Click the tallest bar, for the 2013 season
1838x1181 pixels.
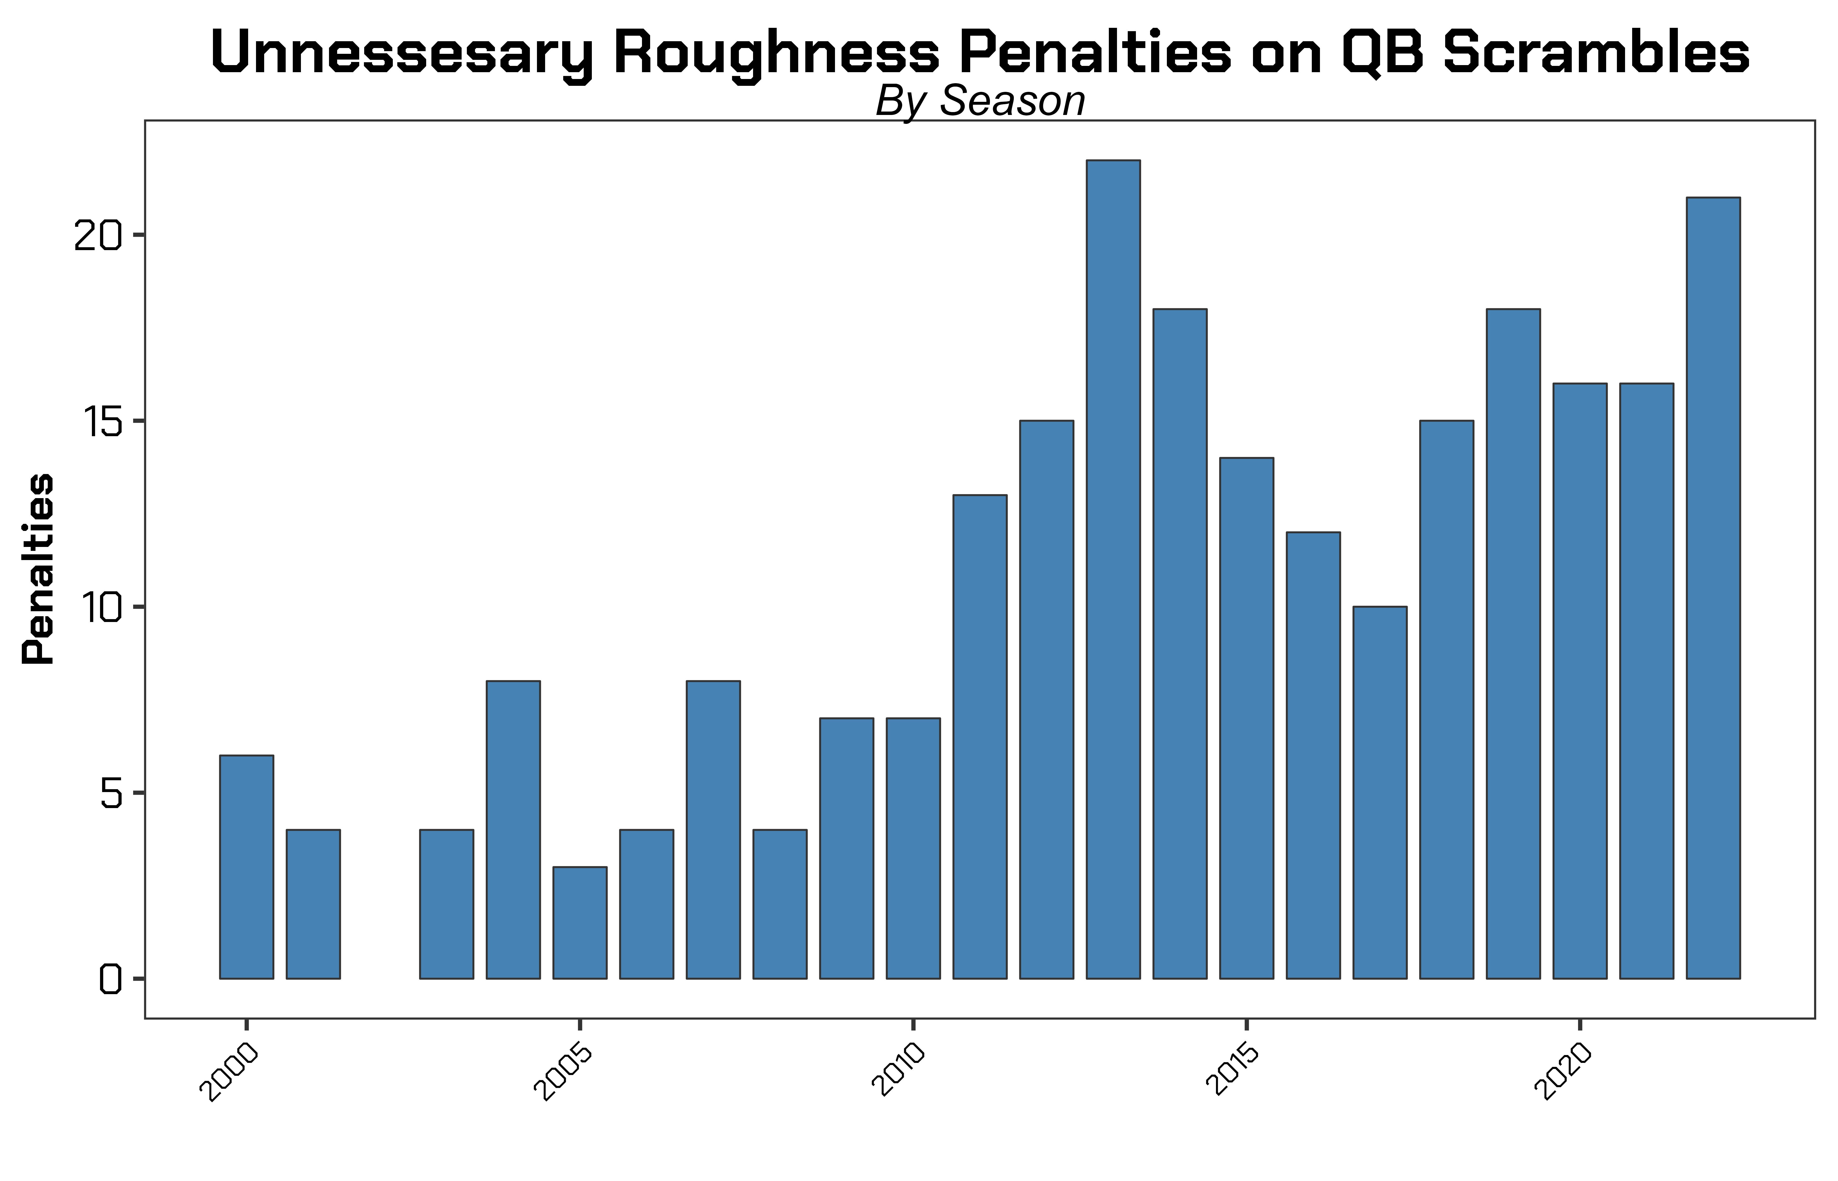[1113, 569]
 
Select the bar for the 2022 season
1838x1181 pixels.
[1713, 587]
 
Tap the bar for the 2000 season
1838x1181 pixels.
[246, 867]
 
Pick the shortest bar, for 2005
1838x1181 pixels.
[580, 922]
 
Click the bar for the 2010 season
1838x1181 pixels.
[913, 848]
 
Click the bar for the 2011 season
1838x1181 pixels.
[980, 736]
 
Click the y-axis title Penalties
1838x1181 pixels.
[38, 568]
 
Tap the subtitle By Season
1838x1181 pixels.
[980, 101]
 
